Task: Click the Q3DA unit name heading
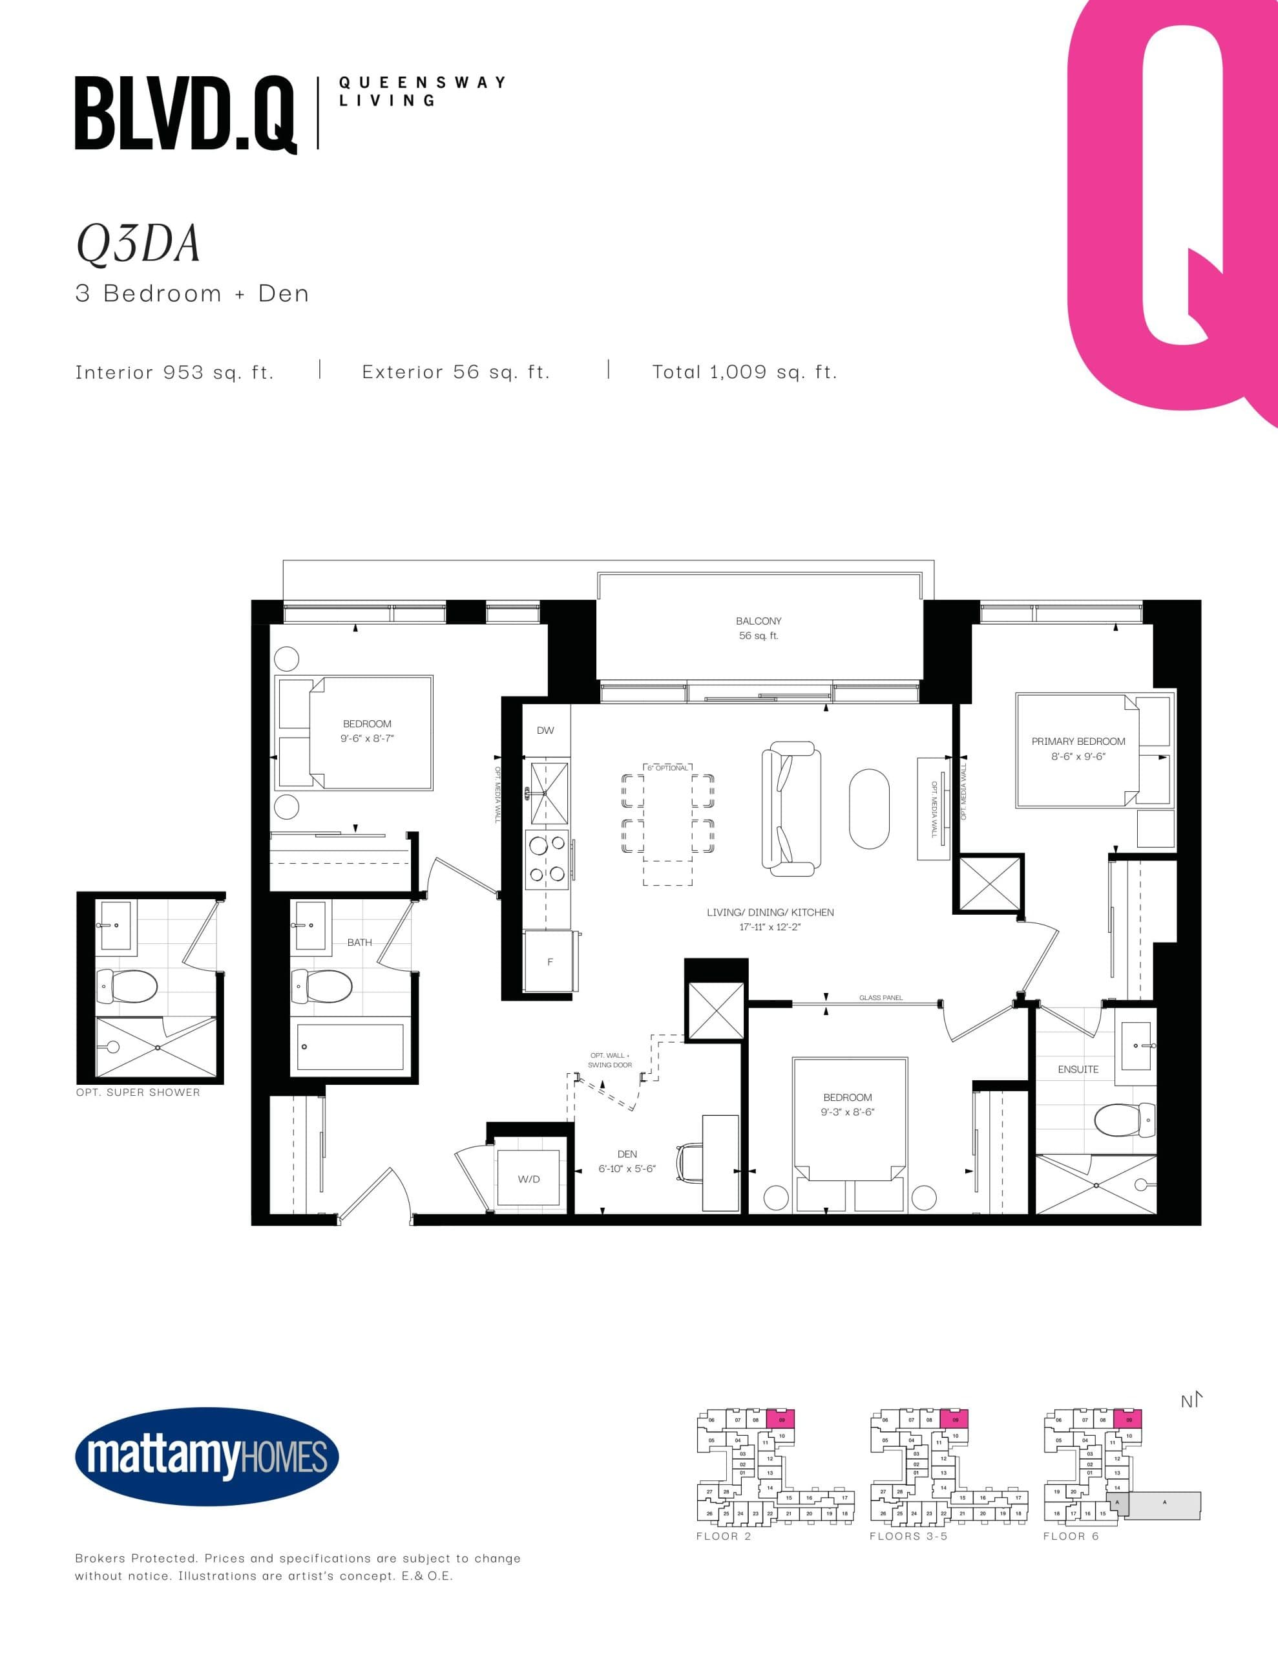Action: coord(139,244)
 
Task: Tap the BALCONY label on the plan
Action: coord(759,621)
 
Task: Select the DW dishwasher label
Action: coord(545,731)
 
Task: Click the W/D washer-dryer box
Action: coord(529,1179)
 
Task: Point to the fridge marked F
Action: coord(550,961)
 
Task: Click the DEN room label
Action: coord(627,1154)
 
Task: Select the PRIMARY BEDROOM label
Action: coord(1078,741)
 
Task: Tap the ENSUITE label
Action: coord(1077,1069)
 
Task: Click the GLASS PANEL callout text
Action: coord(880,998)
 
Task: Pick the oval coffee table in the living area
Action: coord(869,809)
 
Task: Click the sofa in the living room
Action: coord(791,809)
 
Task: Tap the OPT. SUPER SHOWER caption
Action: coord(138,1092)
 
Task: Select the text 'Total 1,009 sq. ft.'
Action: coord(745,372)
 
